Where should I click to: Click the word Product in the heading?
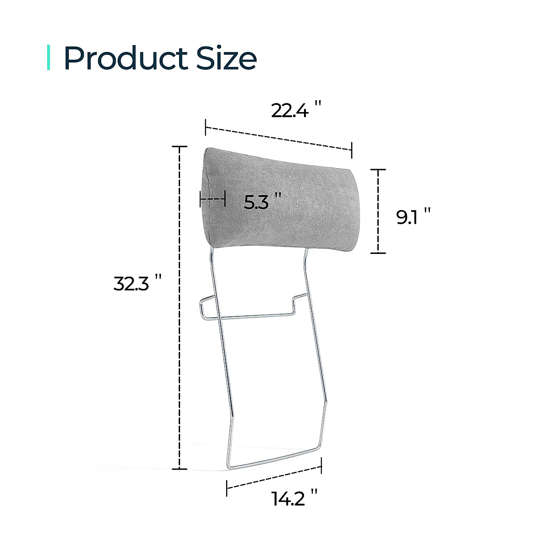(125, 58)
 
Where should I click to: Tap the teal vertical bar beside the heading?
(49, 58)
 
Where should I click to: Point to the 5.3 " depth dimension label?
(260, 201)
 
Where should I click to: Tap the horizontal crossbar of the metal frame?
(255, 315)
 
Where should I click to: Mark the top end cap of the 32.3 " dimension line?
(180, 147)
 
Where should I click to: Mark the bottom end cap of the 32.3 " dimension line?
(180, 469)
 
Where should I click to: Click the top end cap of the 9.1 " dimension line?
(378, 170)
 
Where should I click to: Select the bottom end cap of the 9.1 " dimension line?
(378, 253)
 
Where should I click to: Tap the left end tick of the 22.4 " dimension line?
(206, 127)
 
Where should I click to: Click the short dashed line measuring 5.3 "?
(212, 199)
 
